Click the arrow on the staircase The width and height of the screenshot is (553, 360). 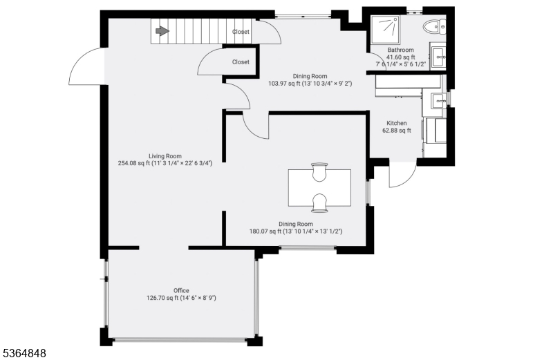(162, 31)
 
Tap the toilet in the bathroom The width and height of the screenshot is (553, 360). (435, 27)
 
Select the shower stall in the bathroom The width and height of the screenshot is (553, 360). (385, 30)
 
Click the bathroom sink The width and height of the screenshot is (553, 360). (439, 57)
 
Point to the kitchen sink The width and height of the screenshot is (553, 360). (439, 101)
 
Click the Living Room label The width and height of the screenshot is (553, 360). (165, 156)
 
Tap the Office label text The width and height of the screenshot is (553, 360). (181, 290)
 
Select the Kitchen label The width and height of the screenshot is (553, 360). (397, 123)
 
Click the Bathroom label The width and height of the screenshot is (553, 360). (401, 50)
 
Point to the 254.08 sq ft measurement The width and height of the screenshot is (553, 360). (133, 163)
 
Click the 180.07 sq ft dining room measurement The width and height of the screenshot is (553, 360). (265, 231)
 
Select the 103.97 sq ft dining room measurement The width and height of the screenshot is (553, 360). (284, 84)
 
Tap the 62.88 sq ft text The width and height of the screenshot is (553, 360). (397, 131)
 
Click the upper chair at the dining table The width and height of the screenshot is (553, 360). (319, 172)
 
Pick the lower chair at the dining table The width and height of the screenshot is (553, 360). (319, 203)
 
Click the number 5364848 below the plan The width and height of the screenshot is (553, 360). (24, 353)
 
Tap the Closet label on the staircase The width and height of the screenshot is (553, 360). (241, 32)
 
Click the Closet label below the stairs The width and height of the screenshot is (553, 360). (241, 61)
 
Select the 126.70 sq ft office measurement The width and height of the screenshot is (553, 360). (162, 298)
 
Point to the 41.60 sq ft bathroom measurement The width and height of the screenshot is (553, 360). (401, 57)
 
